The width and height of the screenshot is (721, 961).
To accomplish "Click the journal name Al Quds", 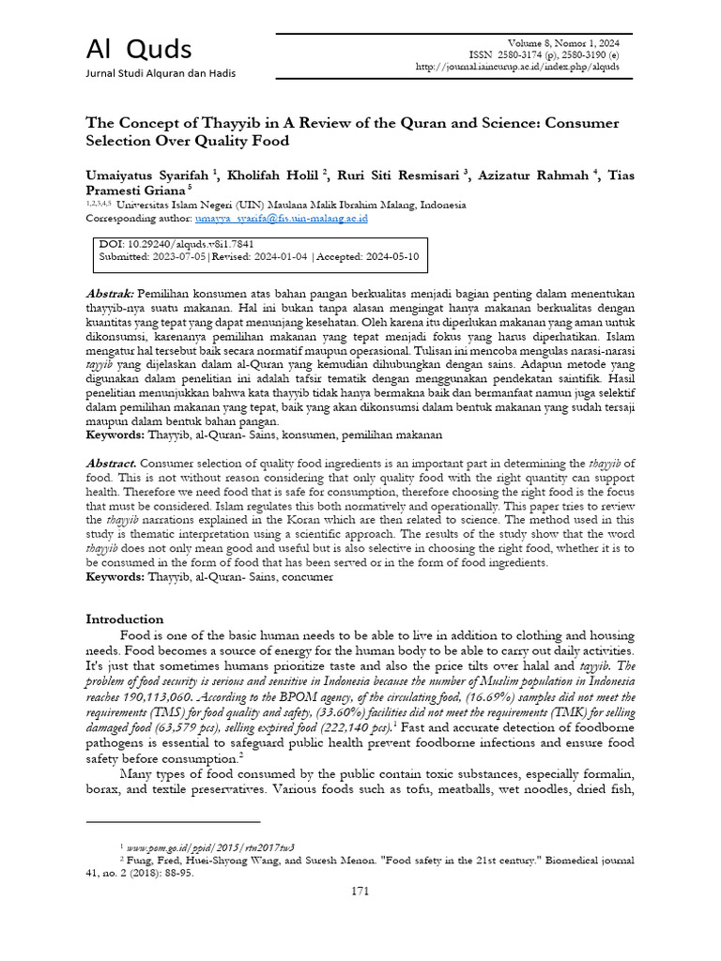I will [x=139, y=48].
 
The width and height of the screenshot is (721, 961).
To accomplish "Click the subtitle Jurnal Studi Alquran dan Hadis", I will [x=161, y=73].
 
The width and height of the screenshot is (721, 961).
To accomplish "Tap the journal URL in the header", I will [x=523, y=67].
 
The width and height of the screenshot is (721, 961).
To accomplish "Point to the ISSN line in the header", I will [x=546, y=54].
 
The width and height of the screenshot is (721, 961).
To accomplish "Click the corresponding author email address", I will [x=282, y=218].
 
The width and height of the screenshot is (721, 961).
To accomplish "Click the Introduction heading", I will [x=125, y=619].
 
